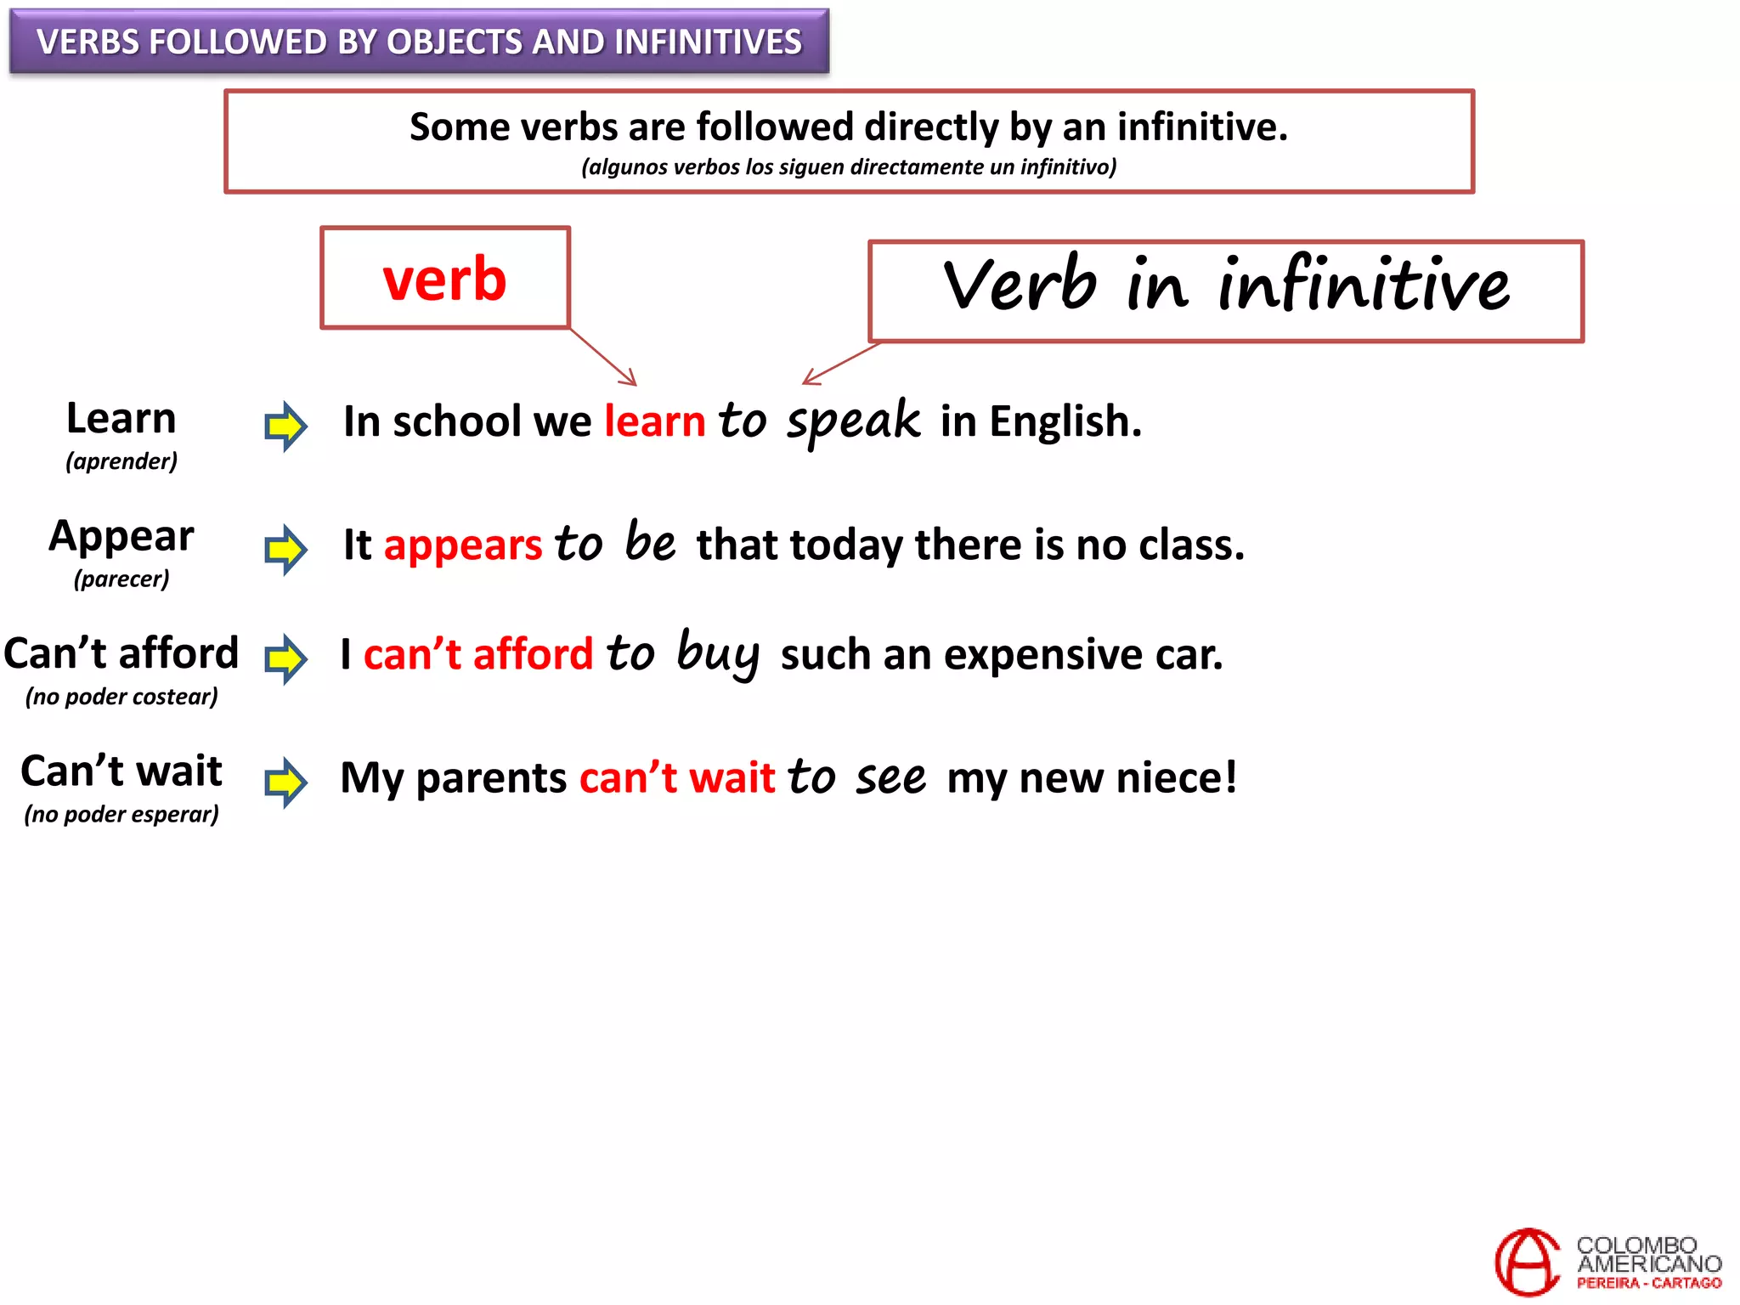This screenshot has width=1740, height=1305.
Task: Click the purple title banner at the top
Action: click(419, 42)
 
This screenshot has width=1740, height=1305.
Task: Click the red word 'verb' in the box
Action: click(444, 279)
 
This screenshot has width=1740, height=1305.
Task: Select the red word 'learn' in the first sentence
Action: click(654, 421)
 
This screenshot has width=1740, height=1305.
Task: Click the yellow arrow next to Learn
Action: click(285, 426)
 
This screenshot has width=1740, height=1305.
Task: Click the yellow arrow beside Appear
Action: click(285, 549)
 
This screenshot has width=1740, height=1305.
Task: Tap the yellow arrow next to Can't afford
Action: click(285, 658)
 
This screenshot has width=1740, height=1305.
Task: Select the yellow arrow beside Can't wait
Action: click(285, 782)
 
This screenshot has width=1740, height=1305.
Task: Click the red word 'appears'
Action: click(463, 545)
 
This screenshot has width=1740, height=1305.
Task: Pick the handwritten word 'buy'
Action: click(718, 653)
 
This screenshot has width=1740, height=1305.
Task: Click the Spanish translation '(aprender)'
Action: click(121, 461)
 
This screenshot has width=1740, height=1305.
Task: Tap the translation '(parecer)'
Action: click(121, 579)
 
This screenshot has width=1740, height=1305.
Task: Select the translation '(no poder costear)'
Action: click(121, 697)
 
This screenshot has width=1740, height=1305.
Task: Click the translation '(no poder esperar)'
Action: click(121, 814)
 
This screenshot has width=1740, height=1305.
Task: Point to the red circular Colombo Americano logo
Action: click(1527, 1262)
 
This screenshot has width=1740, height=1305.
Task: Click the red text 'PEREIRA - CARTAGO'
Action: click(1649, 1283)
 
